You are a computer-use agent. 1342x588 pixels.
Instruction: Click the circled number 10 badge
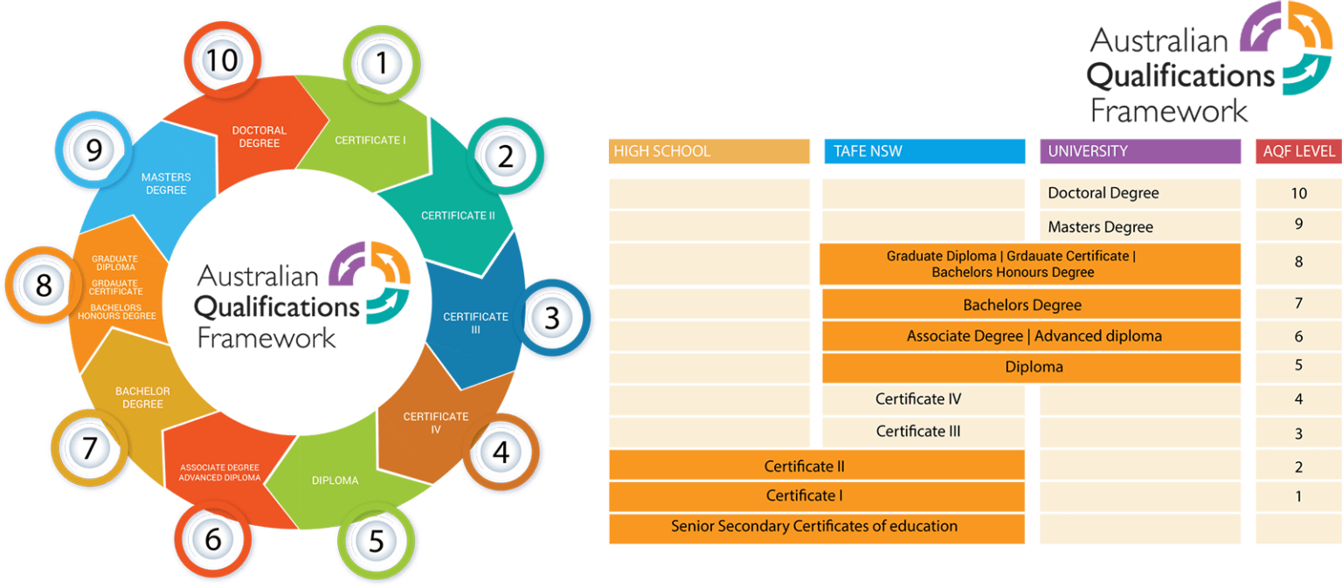222,60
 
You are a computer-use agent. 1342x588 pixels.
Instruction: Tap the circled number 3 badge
552,318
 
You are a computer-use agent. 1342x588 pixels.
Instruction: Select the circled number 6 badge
212,539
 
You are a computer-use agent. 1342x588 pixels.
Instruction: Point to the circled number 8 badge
44,285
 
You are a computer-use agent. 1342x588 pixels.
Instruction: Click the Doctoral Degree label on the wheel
259,136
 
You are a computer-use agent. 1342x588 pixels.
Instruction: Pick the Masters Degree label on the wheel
166,183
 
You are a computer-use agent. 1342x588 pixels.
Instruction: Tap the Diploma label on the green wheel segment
335,481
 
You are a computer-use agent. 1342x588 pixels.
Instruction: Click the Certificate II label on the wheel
458,216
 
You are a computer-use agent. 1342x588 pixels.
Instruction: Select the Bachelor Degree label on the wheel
142,398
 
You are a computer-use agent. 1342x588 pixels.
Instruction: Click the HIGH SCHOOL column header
709,151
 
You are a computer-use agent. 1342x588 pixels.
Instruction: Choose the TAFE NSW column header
924,151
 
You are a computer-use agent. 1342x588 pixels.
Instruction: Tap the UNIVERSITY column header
1140,151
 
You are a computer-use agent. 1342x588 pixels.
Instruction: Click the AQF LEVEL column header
1299,151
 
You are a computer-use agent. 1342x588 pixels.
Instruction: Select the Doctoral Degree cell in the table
1140,193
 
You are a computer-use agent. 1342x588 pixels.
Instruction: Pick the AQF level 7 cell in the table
1298,304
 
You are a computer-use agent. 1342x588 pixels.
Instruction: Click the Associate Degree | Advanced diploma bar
1031,336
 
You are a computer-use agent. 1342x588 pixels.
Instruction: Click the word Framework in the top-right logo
1169,111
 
